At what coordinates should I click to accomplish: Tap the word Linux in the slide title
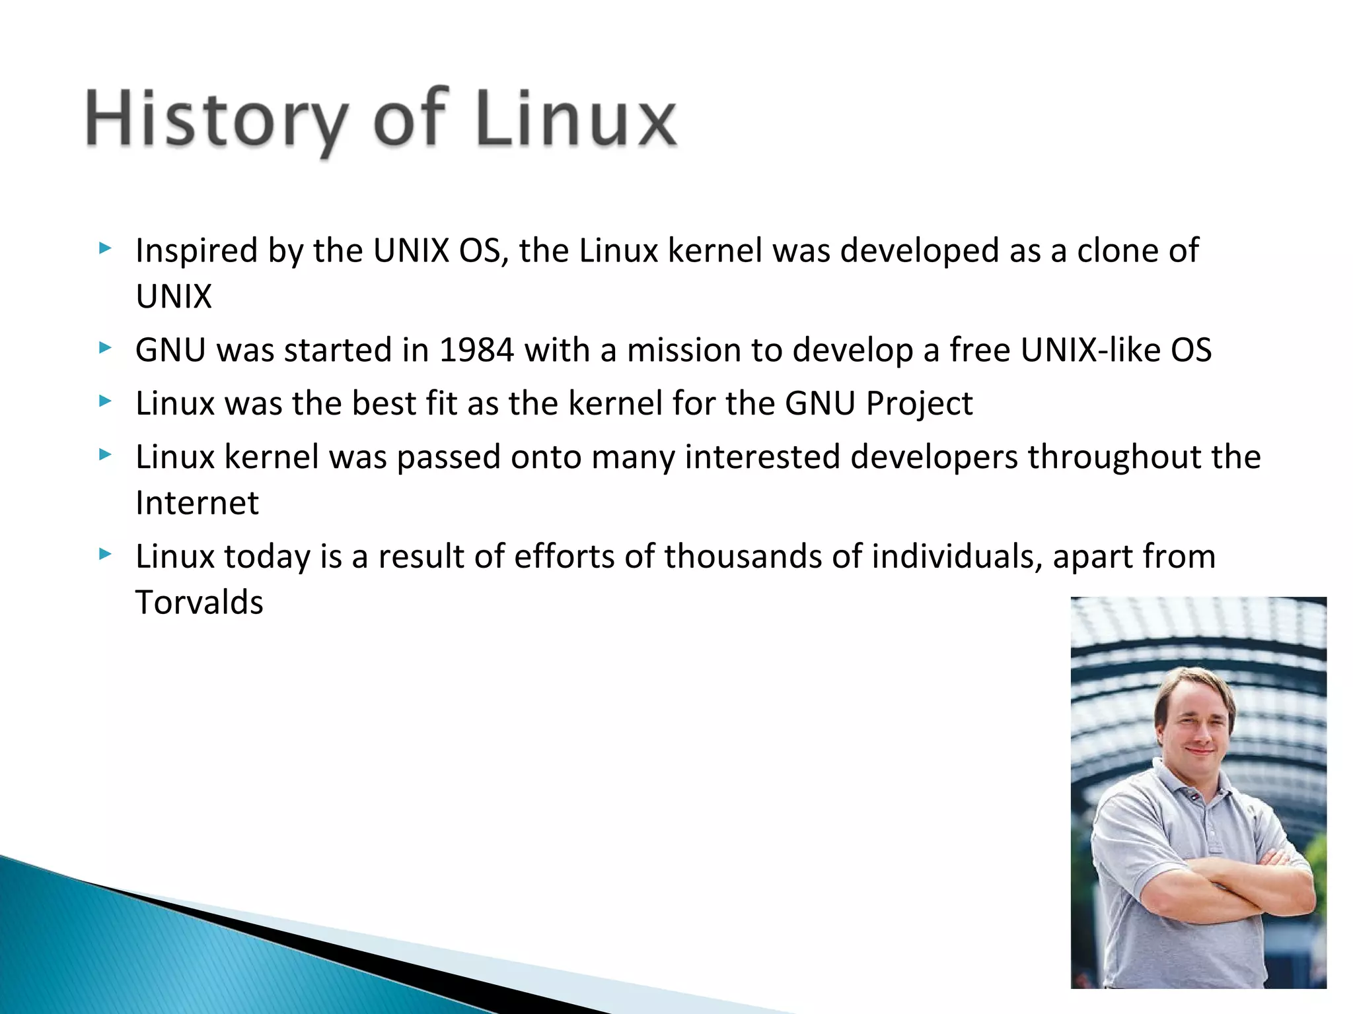point(575,119)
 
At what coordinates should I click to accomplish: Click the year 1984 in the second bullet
point(476,350)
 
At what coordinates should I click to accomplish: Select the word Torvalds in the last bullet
point(200,602)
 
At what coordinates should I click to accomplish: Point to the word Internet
point(197,503)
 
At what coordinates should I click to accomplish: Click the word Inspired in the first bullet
point(196,252)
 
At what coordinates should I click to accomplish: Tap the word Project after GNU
point(919,404)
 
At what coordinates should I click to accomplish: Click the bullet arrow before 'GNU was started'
point(104,348)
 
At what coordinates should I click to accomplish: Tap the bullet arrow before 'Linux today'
point(104,554)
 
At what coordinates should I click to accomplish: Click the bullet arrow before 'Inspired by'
point(104,249)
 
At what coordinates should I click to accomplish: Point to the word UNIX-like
point(1090,350)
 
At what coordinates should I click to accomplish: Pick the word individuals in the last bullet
point(957,556)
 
